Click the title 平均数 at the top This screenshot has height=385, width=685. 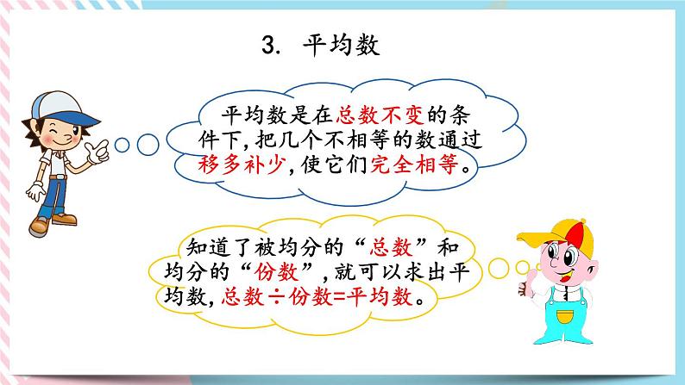pyautogui.click(x=342, y=44)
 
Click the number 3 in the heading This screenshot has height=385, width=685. pyautogui.click(x=267, y=45)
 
